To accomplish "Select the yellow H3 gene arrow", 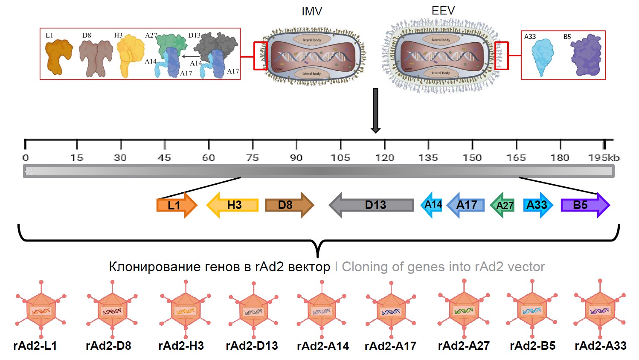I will point(232,205).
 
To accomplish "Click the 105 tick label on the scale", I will point(340,158).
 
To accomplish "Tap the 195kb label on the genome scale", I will point(604,158).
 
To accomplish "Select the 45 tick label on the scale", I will point(164,158).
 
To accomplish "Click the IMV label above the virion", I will point(312,12).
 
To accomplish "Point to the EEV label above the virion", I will point(443,11).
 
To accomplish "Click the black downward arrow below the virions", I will point(375,110).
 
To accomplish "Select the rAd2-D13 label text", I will point(252,346).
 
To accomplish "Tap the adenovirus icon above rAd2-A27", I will point(464,309).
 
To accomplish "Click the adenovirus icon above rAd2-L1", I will point(41,310).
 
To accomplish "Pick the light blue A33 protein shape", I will point(542,56).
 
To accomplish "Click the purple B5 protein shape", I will point(587,56).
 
